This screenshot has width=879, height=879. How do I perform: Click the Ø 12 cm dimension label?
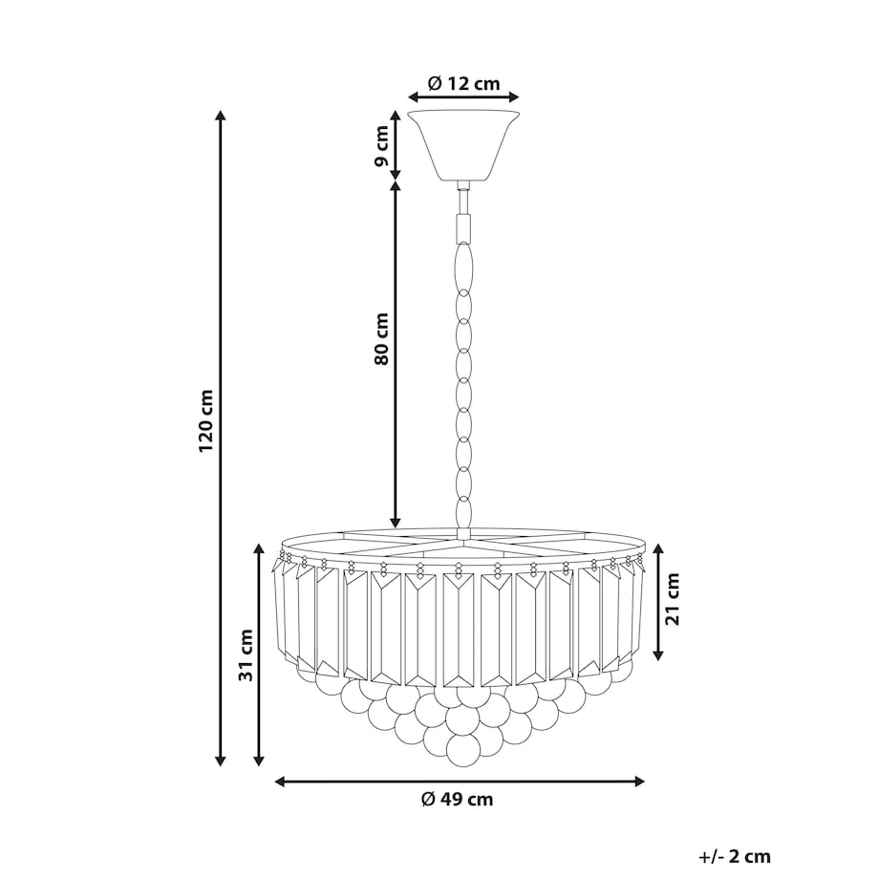point(463,84)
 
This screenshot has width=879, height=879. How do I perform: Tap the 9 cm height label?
point(381,146)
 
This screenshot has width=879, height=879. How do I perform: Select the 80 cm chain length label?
point(381,338)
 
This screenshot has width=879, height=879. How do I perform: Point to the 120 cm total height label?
point(205,420)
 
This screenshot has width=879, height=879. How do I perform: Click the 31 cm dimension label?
point(246,654)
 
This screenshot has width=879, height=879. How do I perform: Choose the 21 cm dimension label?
point(672,599)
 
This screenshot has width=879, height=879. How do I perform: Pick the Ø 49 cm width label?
point(458,799)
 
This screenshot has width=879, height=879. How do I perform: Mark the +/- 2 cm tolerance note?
point(735,857)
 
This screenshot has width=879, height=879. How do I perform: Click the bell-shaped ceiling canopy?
point(463,145)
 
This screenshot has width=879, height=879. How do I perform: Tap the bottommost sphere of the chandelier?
point(463,750)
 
